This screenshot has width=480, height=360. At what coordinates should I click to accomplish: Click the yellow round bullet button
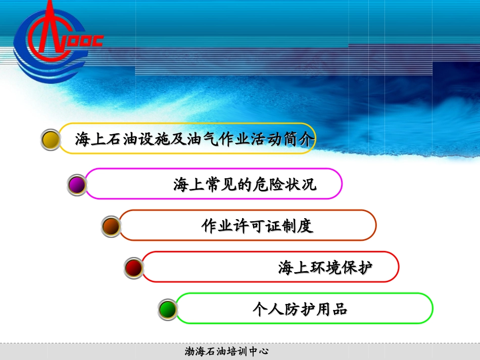(x=50, y=139)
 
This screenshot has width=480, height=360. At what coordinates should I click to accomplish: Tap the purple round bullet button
(x=77, y=185)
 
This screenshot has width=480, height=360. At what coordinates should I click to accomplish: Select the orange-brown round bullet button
(x=111, y=227)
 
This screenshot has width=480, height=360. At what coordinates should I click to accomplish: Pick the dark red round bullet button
(x=134, y=268)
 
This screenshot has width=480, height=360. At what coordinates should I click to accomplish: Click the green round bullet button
(x=167, y=308)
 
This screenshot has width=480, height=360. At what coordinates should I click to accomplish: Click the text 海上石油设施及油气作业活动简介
(x=195, y=138)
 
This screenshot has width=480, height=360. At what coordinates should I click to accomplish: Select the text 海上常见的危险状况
(x=245, y=184)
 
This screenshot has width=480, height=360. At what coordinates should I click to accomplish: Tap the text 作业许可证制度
(x=257, y=226)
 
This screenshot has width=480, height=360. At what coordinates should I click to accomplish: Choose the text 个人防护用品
(x=300, y=308)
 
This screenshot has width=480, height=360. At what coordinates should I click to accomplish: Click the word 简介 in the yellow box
(x=299, y=138)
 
